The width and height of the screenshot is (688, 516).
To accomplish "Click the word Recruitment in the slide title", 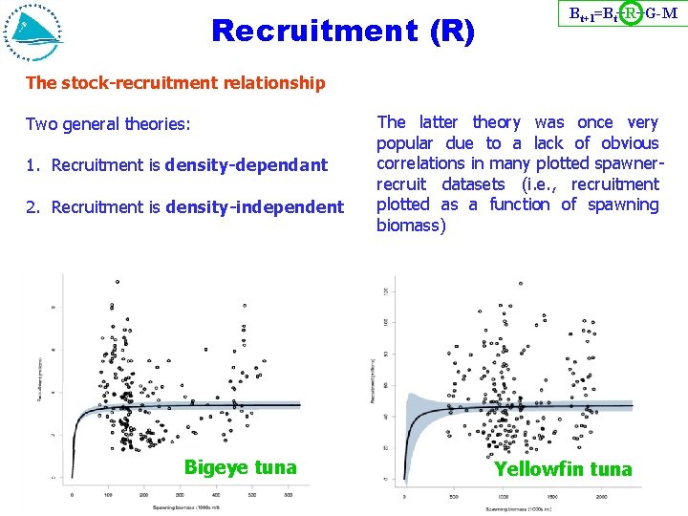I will click(x=308, y=32).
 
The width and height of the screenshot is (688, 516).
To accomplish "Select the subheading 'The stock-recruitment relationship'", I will click(x=176, y=83).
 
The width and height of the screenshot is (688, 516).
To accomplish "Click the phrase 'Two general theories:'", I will click(x=108, y=124).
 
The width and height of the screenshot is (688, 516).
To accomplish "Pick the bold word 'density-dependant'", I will click(x=246, y=165).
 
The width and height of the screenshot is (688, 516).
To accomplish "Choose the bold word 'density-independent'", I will click(x=254, y=206).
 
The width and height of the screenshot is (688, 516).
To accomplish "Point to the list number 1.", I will click(x=32, y=165).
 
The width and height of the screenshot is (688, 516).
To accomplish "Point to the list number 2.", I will click(x=32, y=206).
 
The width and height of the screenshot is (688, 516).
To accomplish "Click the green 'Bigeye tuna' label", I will click(x=240, y=467).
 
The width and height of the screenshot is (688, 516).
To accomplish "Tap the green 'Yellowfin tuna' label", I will click(x=563, y=468).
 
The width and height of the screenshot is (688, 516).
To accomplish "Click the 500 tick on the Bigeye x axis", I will click(x=252, y=494).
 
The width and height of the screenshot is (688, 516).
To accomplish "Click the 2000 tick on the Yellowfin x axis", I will click(x=602, y=498).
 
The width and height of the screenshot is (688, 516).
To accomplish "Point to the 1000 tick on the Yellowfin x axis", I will click(x=503, y=498).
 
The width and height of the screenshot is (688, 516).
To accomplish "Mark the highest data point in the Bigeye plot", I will click(x=117, y=282).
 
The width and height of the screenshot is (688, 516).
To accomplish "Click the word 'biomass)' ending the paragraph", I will click(x=411, y=226).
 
